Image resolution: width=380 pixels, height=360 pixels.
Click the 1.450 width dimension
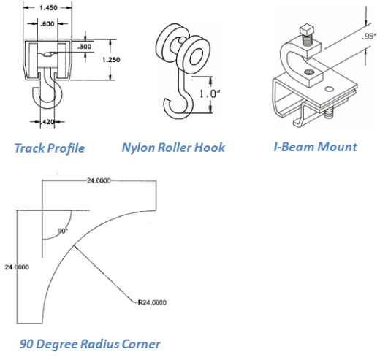pos(50,7)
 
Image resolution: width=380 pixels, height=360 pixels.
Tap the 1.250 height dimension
pos(111,60)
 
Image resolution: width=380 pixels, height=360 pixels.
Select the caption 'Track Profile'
pos(50,148)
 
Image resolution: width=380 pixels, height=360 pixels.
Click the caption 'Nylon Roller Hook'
pos(173,148)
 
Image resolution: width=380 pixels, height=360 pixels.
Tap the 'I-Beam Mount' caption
pos(315,147)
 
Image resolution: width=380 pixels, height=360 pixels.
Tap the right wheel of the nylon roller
pos(196,55)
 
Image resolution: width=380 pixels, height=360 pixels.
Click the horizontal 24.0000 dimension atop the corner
pos(96,180)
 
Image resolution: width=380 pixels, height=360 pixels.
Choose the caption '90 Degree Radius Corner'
pos(89,343)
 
